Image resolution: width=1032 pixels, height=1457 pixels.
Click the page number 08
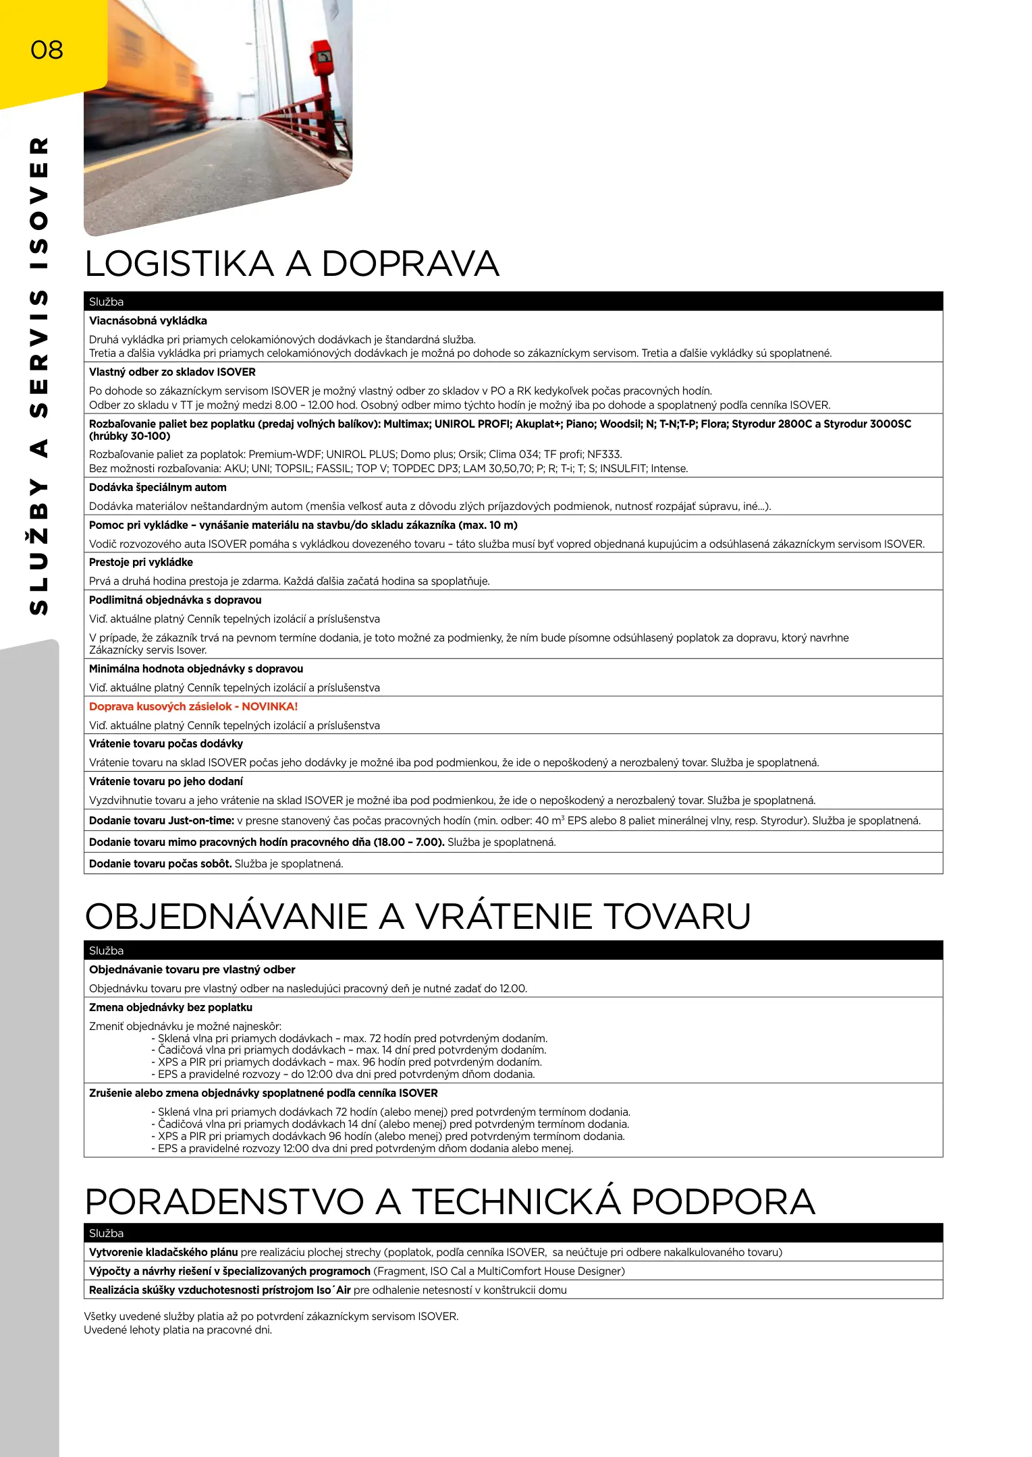47,50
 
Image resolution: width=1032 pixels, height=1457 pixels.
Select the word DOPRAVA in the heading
410,264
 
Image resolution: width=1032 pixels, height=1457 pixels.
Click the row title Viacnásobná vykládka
148,321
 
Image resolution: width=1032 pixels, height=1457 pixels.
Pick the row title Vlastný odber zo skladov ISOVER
172,372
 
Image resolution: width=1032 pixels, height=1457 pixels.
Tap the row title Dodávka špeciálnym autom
158,488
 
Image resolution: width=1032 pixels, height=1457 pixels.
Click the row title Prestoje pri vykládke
141,563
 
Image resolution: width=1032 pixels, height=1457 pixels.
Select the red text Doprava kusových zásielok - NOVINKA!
193,707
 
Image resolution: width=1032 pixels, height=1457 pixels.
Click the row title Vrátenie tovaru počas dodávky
166,744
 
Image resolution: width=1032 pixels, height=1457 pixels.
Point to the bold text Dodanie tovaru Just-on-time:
161,821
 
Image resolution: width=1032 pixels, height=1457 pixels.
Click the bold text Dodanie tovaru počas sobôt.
160,864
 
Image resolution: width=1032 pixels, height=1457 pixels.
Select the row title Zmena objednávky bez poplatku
171,1008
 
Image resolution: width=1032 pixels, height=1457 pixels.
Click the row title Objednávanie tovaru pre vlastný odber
192,970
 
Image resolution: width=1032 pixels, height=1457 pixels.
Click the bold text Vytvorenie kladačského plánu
163,1253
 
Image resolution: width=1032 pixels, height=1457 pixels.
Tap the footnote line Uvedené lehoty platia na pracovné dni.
178,1330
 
